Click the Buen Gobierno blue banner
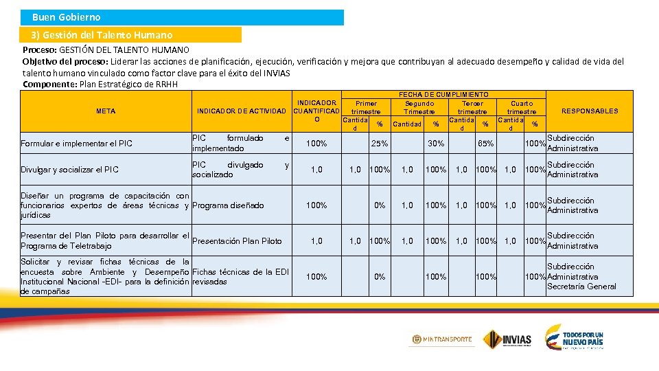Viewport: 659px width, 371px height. pyautogui.click(x=182, y=17)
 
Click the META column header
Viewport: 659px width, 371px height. pyautogui.click(x=106, y=111)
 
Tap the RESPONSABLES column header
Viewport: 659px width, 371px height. pyautogui.click(x=589, y=111)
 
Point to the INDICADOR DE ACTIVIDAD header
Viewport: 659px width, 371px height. pyautogui.click(x=241, y=111)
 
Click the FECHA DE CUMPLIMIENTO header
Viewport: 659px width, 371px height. pyautogui.click(x=443, y=94)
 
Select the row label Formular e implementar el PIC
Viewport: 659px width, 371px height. pyautogui.click(x=76, y=144)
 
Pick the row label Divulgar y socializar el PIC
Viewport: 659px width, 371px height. pyautogui.click(x=69, y=170)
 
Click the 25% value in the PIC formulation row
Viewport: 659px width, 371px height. pyautogui.click(x=379, y=144)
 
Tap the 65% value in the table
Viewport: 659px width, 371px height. pyautogui.click(x=485, y=144)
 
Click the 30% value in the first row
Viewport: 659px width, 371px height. pyautogui.click(x=435, y=144)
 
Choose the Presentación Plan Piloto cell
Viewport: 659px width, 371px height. pyautogui.click(x=237, y=241)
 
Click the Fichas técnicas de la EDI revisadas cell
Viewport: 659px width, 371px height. pyautogui.click(x=240, y=277)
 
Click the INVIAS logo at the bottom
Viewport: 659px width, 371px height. pyautogui.click(x=507, y=339)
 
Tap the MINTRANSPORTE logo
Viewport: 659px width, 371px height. pyautogui.click(x=442, y=339)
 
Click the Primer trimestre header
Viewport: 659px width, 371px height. pyautogui.click(x=366, y=107)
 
